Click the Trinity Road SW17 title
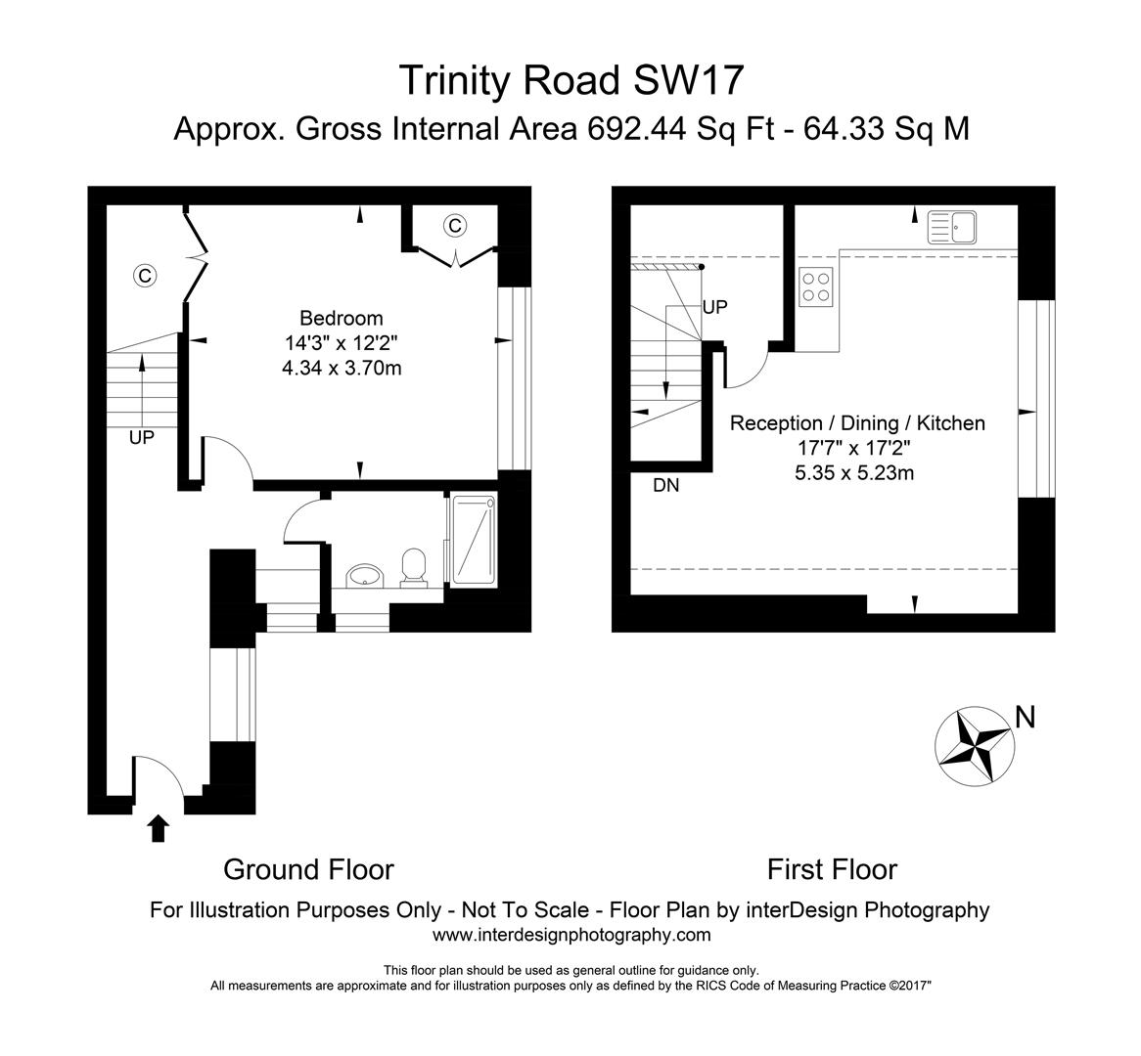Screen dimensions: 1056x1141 pos(570,80)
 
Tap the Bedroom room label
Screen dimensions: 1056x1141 pos(341,318)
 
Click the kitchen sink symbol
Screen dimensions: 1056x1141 pos(952,228)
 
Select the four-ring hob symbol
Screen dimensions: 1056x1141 pos(816,286)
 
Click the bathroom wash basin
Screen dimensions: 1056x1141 pos(366,574)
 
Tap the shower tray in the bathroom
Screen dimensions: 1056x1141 pos(473,541)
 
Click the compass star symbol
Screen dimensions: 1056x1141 pos(973,743)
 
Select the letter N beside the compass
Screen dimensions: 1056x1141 pos(1025,718)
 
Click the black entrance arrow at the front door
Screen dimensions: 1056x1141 pos(158,829)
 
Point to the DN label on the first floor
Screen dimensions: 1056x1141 pos(665,484)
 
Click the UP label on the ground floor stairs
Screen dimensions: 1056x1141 pos(142,438)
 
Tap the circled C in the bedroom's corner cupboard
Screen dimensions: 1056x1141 pos(454,226)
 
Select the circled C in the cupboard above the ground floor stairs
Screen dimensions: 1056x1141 pos(145,276)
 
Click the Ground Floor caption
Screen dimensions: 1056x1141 pos(308,869)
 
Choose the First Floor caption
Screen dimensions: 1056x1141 pos(832,869)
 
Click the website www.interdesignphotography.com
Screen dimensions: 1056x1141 pos(571,935)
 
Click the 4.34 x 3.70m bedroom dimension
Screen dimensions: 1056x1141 pos(341,369)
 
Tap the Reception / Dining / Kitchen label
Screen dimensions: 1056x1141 pos(857,422)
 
